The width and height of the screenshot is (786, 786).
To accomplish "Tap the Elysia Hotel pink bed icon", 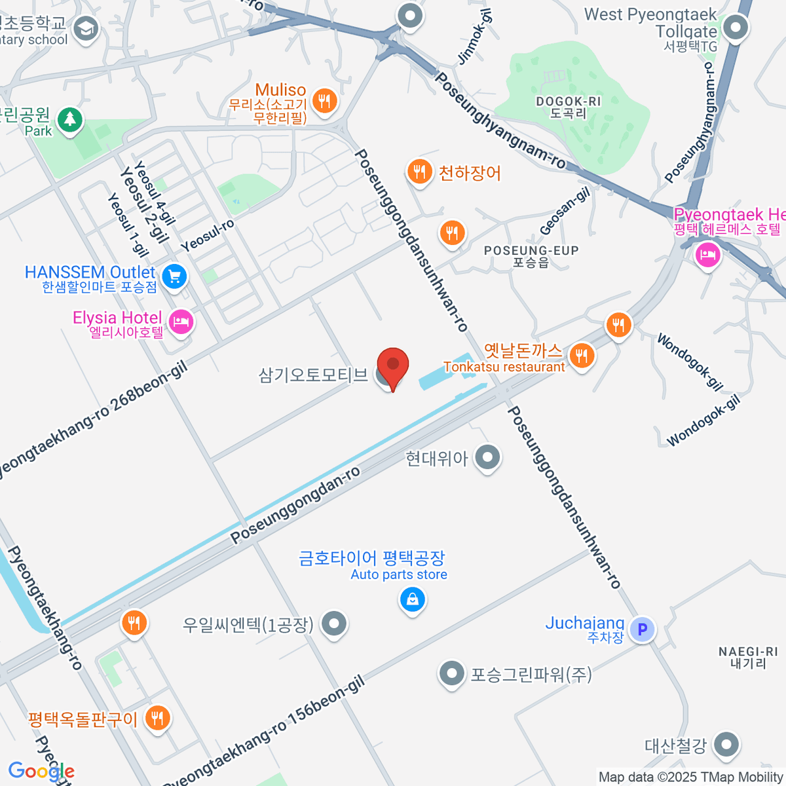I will (181, 322).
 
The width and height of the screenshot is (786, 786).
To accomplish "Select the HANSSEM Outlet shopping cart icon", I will (174, 276).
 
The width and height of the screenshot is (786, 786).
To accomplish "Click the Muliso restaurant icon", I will (324, 100).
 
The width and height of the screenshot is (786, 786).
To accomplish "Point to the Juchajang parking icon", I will (642, 629).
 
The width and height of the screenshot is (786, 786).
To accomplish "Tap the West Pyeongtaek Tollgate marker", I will (736, 28).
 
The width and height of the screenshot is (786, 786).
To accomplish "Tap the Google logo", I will (41, 772).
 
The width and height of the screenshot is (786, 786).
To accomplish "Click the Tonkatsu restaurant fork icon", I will (582, 356).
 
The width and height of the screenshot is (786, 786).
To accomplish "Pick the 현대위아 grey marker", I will (488, 457).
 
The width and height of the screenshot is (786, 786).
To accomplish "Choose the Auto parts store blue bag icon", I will (413, 599).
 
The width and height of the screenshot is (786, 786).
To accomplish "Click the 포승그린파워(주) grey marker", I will (451, 673).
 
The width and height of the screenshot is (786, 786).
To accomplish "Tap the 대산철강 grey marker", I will (726, 744).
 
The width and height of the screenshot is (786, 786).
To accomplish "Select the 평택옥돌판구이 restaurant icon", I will (157, 719).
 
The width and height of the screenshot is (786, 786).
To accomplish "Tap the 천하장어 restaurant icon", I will (419, 172).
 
